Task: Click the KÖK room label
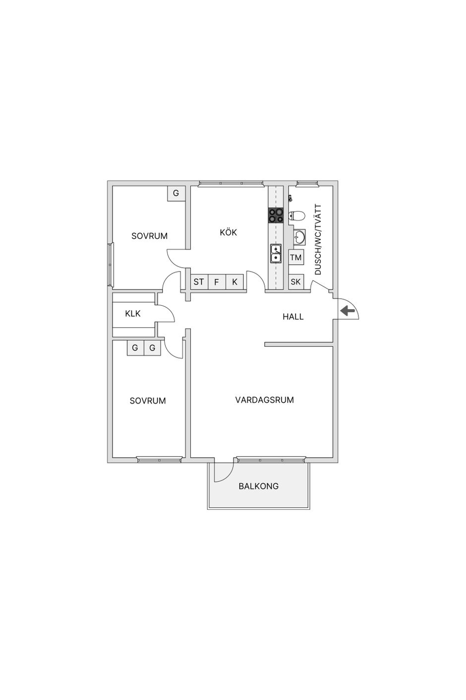(x=228, y=232)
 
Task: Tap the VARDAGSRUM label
(x=264, y=400)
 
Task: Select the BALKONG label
(x=258, y=486)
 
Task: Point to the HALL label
(x=293, y=317)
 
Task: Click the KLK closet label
(x=133, y=313)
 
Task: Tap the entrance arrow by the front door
(x=347, y=311)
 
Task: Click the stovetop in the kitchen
(x=276, y=215)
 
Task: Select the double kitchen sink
(x=276, y=253)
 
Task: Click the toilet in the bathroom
(x=296, y=215)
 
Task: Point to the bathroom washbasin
(x=299, y=237)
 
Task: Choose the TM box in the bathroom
(x=295, y=257)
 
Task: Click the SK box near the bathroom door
(x=295, y=282)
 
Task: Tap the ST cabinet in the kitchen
(x=199, y=282)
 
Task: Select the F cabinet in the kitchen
(x=216, y=282)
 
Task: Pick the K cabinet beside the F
(x=234, y=282)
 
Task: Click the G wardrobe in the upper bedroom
(x=176, y=194)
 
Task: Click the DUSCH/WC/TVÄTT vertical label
(x=318, y=239)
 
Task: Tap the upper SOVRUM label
(x=149, y=236)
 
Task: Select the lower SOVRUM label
(x=148, y=401)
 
